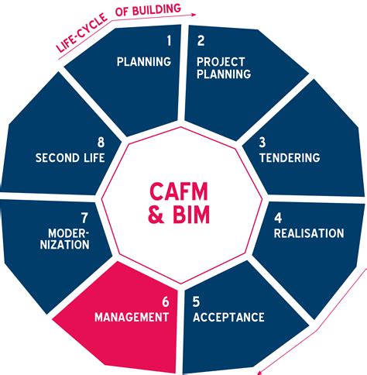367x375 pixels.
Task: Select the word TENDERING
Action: [x=288, y=158]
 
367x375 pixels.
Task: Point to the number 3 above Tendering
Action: [x=262, y=143]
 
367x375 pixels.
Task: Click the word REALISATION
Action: [x=309, y=233]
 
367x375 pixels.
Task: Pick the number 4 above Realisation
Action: [x=278, y=218]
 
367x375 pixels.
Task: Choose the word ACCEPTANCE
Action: [x=228, y=317]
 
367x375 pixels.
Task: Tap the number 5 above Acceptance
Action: [x=197, y=301]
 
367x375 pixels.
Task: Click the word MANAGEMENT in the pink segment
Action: [x=132, y=317]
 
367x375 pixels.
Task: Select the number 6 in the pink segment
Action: [x=164, y=301]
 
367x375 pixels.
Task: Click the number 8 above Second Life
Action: [x=101, y=143]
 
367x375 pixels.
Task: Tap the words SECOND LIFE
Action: [x=70, y=158]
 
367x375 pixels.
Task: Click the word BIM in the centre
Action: [x=194, y=216]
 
